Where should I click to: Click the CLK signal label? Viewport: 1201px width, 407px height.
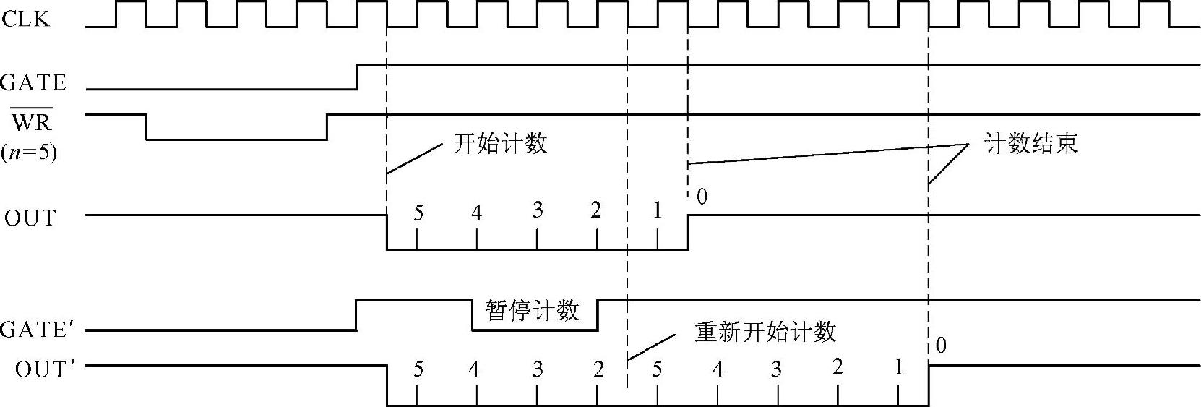click(26, 19)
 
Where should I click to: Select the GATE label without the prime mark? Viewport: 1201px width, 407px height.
click(33, 82)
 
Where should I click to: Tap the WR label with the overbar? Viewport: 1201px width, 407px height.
click(32, 123)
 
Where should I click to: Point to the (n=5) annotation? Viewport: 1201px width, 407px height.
click(28, 153)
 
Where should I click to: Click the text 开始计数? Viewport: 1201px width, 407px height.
click(499, 143)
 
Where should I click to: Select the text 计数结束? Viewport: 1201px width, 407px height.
click(1030, 143)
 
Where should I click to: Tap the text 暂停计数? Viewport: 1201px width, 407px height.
click(533, 311)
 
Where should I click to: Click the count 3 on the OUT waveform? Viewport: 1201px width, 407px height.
click(538, 210)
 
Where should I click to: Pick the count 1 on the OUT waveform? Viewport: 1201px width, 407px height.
click(657, 210)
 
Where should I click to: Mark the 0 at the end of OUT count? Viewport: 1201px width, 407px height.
click(702, 196)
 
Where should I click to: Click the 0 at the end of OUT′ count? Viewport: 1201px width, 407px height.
click(940, 346)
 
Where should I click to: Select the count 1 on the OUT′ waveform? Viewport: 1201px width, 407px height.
click(898, 367)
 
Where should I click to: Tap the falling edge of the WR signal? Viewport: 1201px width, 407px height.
click(147, 127)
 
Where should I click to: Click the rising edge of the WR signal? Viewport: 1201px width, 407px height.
click(327, 127)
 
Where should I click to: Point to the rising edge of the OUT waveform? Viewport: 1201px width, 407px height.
click(688, 232)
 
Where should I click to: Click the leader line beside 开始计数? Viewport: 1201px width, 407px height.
click(414, 159)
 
